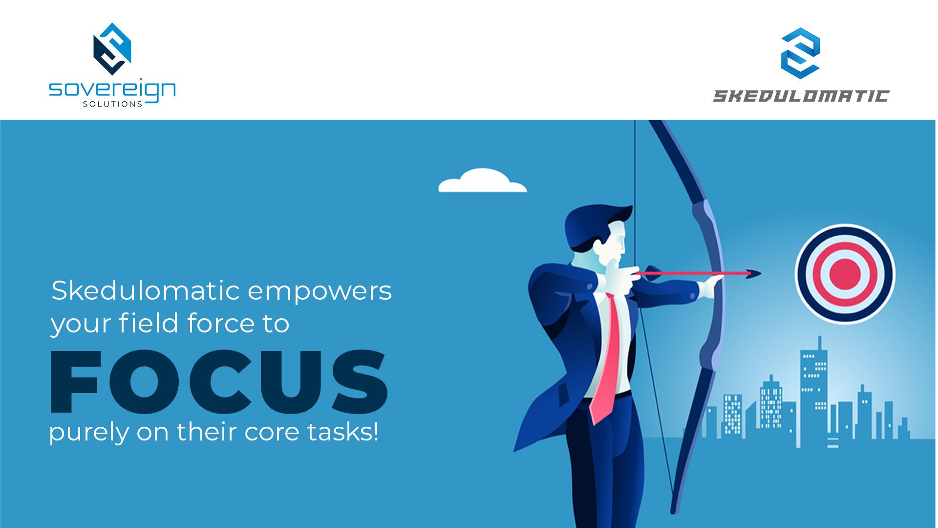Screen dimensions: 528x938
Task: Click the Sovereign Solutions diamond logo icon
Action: click(112, 49)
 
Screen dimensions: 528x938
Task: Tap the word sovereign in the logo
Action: click(112, 90)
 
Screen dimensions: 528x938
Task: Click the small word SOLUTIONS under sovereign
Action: click(112, 104)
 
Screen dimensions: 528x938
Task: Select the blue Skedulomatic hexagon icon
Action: click(800, 53)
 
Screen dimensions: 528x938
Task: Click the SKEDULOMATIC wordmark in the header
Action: click(801, 96)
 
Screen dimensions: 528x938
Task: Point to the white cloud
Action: click(482, 181)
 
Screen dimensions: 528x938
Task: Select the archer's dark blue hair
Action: click(594, 225)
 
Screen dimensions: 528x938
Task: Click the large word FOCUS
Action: click(219, 382)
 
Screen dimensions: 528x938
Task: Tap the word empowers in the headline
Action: click(320, 291)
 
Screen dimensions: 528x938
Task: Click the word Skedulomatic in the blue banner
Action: click(146, 291)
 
